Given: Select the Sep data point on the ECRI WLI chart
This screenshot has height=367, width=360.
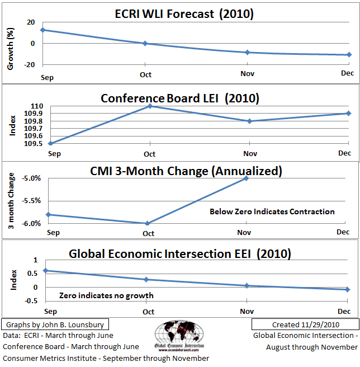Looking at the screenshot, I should [44, 30].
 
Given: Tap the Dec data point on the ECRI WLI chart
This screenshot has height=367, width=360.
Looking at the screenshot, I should [348, 55].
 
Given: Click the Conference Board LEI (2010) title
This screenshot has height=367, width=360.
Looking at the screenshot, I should [180, 98].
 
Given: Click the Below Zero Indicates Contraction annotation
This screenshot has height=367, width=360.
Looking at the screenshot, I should [272, 211].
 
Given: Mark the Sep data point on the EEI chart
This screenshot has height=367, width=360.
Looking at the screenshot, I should [45, 271].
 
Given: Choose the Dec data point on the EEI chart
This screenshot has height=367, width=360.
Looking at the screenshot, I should [348, 289].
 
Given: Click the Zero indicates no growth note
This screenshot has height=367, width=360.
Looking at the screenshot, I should [106, 295].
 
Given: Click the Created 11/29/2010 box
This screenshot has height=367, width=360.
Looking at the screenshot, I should [304, 324].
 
